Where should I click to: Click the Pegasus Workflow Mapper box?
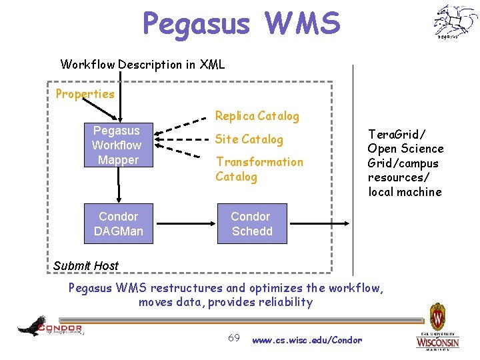[x=116, y=145]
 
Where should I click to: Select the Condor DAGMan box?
[x=118, y=224]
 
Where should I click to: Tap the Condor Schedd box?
[x=251, y=224]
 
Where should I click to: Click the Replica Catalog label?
[x=257, y=116]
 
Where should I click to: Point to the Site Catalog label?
[x=249, y=139]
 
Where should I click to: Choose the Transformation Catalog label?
[x=259, y=169]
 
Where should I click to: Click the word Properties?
[x=85, y=94]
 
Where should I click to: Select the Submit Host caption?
[x=85, y=266]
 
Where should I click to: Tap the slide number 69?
[x=234, y=338]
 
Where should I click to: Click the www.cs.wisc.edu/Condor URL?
[x=307, y=340]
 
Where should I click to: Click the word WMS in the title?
[x=303, y=23]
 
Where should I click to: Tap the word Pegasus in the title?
[x=195, y=23]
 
